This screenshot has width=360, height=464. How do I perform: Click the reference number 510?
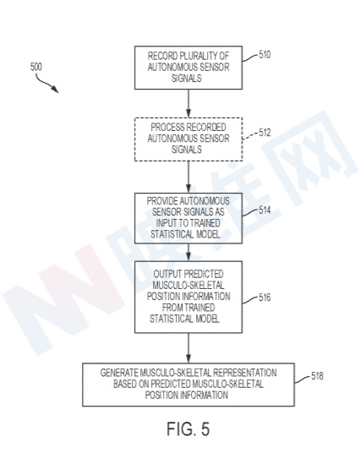[265, 55]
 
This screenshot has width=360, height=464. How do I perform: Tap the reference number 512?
[265, 133]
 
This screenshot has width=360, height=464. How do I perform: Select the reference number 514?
[265, 210]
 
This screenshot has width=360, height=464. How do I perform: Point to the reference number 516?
[265, 298]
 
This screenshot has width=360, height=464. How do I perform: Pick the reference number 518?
[317, 376]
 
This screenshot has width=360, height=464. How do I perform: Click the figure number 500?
[36, 67]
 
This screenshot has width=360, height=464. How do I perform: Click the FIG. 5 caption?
[188, 429]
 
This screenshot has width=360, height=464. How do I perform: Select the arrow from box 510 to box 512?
[188, 103]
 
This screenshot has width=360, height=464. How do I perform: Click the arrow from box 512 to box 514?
[188, 177]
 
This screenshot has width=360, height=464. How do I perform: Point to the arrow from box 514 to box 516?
[188, 253]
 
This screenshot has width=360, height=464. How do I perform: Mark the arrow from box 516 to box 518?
[188, 348]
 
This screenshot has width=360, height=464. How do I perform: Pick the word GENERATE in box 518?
[119, 373]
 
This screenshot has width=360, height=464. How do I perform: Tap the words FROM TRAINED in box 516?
[188, 308]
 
